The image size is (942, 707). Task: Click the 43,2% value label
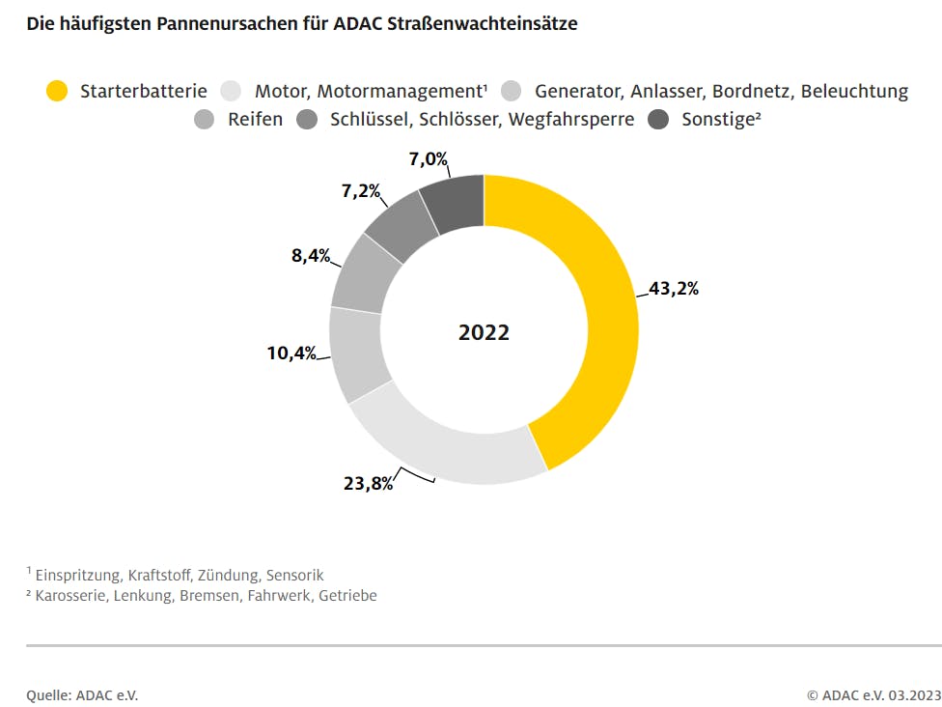point(673,289)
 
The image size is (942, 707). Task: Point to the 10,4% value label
point(291,353)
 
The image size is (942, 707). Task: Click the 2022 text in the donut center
point(484,332)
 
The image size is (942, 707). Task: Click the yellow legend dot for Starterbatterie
point(57,92)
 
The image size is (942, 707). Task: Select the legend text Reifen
point(256,120)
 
